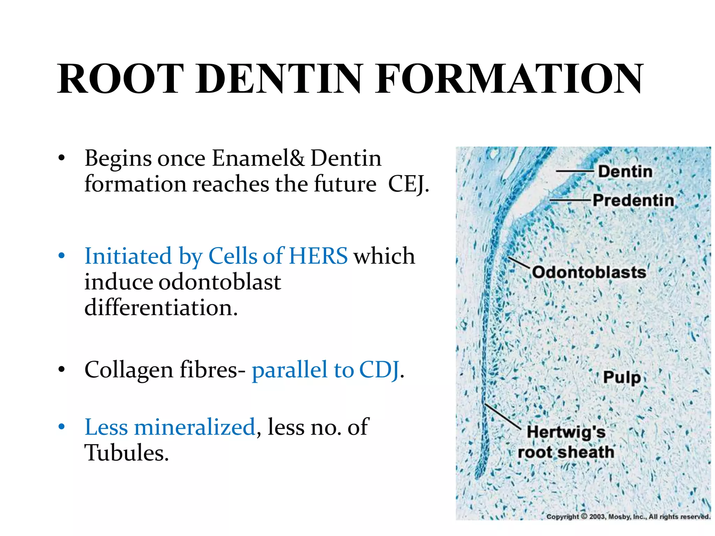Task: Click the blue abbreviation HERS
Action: (x=318, y=256)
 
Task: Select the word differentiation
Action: (x=161, y=308)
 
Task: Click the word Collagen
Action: (x=129, y=370)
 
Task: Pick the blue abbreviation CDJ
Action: (x=379, y=370)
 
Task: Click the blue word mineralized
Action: (x=194, y=427)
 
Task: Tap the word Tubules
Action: (x=126, y=453)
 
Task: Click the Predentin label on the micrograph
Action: (x=633, y=201)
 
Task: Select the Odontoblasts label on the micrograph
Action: (x=589, y=272)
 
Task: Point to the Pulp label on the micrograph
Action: (x=622, y=378)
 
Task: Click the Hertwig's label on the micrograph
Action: (x=566, y=432)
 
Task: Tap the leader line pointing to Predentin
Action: (x=570, y=200)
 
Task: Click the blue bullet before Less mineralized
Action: (x=62, y=427)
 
